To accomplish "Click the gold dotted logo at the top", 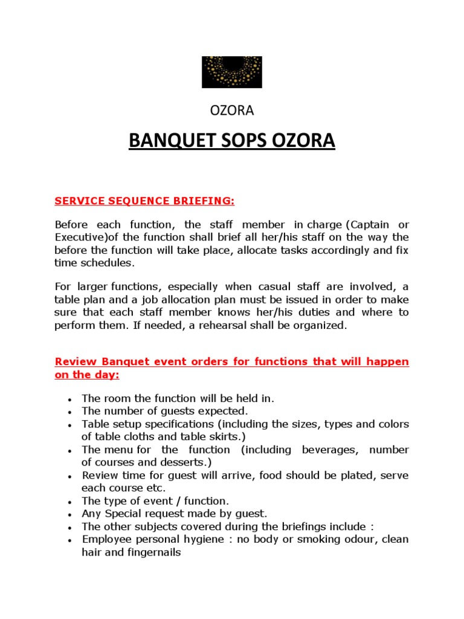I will click(x=232, y=72).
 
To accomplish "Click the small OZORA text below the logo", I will click(x=231, y=111).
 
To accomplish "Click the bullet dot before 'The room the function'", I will click(x=71, y=400).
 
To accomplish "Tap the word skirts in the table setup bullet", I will click(x=218, y=436).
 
